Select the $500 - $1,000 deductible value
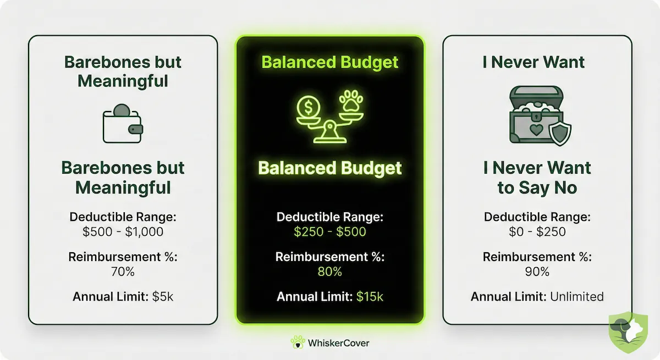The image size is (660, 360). point(123,231)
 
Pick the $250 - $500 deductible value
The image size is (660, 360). point(330,231)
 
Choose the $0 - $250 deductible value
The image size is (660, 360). point(537,231)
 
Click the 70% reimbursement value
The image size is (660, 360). point(123,272)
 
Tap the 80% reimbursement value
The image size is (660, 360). point(330,272)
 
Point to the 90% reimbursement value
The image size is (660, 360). point(537,272)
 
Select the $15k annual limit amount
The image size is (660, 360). point(370,297)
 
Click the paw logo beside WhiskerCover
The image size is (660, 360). point(298,342)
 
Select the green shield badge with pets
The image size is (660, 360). point(628,333)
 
